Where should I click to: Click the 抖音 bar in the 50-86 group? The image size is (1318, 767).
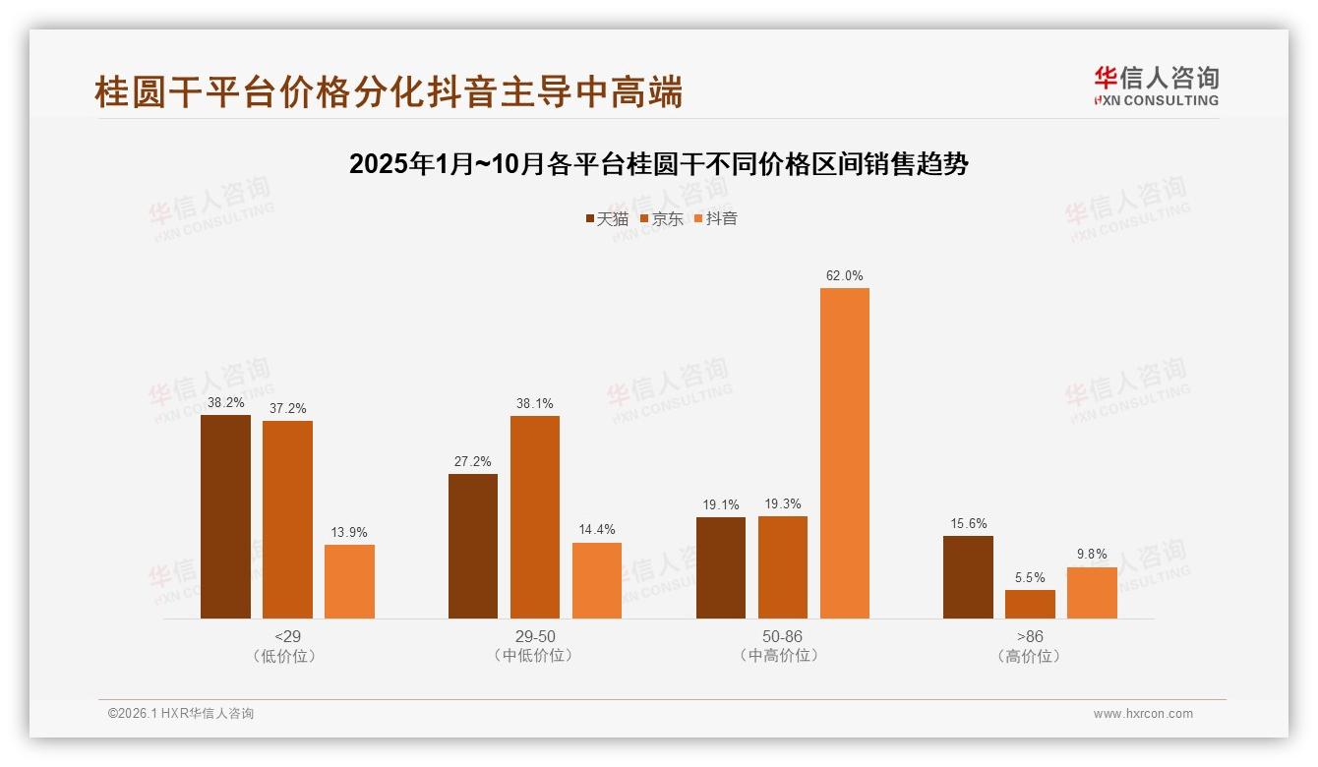tap(845, 453)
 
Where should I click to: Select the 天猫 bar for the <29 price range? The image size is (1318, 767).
tap(225, 516)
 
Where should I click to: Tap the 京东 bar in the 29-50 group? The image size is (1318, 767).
tap(534, 517)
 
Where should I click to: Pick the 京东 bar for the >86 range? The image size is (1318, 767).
tap(1030, 604)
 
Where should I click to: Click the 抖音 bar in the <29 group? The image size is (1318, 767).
tap(349, 581)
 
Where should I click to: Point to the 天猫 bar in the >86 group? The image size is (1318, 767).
tap(968, 577)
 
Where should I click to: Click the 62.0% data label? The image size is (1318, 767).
tap(845, 276)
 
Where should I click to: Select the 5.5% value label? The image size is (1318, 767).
tap(1030, 577)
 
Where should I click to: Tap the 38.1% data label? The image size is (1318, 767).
tap(534, 403)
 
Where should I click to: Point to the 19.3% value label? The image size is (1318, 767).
tap(783, 503)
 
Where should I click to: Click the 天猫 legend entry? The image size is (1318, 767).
tap(607, 218)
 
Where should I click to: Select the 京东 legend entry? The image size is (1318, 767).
tap(661, 218)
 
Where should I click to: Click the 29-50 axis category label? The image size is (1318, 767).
tap(534, 636)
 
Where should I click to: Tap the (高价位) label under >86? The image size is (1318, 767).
tap(1030, 656)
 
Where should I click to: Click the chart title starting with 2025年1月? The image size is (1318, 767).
tap(658, 164)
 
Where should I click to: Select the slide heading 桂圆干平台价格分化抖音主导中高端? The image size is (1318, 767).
tap(389, 91)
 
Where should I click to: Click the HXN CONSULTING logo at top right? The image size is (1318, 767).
tap(1156, 86)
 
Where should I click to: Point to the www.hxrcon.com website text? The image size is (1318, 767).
tap(1143, 714)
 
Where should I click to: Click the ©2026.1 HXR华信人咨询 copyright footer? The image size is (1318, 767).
tap(181, 714)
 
